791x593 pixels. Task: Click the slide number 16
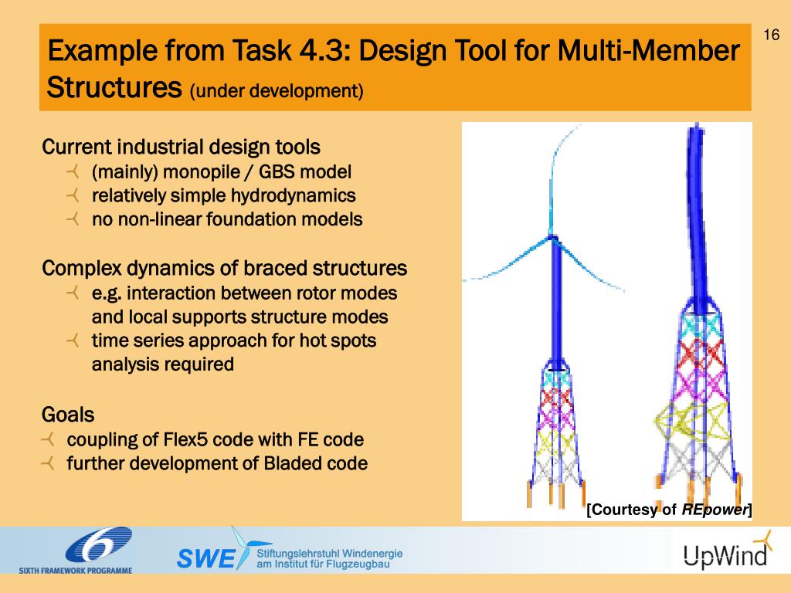click(770, 36)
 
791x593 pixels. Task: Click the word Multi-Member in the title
click(648, 53)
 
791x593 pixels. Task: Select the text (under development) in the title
click(276, 91)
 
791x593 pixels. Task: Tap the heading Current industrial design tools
click(181, 147)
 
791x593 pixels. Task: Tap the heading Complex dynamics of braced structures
click(224, 269)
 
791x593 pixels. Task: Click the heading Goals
click(68, 415)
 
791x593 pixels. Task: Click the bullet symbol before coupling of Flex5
click(48, 440)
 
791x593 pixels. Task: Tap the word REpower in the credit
click(715, 510)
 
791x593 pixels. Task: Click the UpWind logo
click(725, 551)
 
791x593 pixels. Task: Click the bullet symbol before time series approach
click(73, 341)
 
